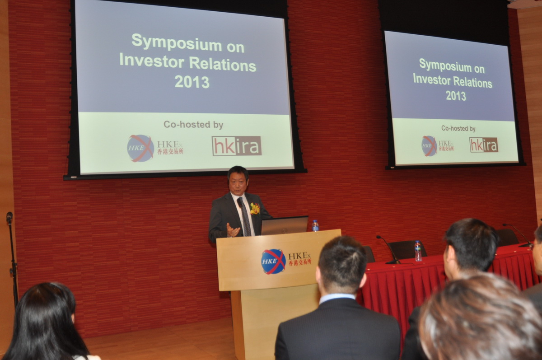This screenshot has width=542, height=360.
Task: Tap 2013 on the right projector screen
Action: pyautogui.click(x=456, y=96)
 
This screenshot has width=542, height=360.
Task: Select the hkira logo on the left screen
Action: pyautogui.click(x=237, y=146)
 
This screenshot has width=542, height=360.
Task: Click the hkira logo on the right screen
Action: pyautogui.click(x=484, y=145)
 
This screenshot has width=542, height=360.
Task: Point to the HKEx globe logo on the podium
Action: pyautogui.click(x=273, y=262)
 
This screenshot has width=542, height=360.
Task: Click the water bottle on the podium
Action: pyautogui.click(x=315, y=225)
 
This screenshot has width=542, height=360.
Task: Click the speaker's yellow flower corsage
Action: pyautogui.click(x=255, y=209)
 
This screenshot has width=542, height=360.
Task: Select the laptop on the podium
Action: pyautogui.click(x=285, y=225)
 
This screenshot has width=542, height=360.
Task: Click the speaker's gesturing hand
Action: pyautogui.click(x=233, y=230)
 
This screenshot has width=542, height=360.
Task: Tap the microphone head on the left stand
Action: pyautogui.click(x=9, y=217)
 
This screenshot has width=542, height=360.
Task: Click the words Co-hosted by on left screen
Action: pyautogui.click(x=193, y=125)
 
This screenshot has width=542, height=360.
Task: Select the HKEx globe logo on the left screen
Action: pyautogui.click(x=140, y=148)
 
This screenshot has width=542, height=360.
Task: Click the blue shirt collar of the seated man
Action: pyautogui.click(x=337, y=298)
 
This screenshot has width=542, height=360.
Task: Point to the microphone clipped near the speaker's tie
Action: pyautogui.click(x=240, y=202)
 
